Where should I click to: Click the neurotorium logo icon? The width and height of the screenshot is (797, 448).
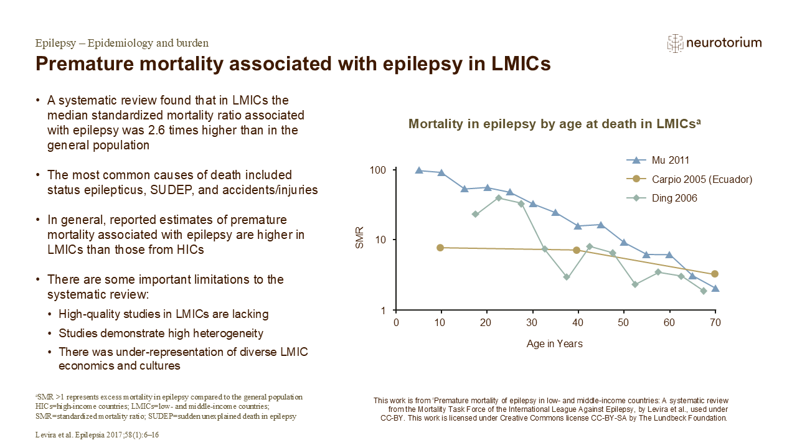[675, 44]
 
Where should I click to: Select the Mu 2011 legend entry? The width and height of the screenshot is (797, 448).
[658, 161]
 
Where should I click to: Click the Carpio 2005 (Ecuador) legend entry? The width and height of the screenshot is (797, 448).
[689, 179]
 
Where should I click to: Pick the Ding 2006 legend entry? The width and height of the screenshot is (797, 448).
[662, 198]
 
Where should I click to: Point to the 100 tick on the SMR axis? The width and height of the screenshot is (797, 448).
[378, 170]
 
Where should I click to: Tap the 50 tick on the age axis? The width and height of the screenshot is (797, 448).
[623, 322]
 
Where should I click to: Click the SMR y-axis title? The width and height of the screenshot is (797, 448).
[360, 238]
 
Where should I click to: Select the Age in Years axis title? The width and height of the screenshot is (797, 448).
[554, 344]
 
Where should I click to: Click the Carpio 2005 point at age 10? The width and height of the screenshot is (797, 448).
[440, 248]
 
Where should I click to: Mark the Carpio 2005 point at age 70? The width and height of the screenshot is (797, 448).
[714, 274]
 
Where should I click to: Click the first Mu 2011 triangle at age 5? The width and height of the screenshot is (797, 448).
[419, 170]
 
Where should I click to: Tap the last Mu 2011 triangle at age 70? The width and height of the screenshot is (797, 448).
[715, 288]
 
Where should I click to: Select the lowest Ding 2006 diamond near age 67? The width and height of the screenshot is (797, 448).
[704, 291]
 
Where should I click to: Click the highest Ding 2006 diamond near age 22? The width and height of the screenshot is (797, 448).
[499, 198]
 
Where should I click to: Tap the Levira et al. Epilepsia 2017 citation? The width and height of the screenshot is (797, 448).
[97, 434]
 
